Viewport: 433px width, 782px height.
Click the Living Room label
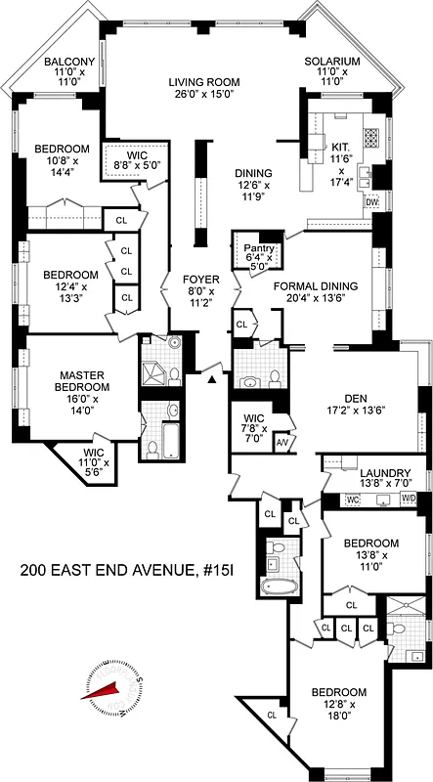tap(204, 83)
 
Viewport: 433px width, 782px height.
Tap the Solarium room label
tap(332, 62)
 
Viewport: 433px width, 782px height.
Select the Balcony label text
tap(69, 63)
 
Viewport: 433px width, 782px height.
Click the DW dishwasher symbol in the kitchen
tap(371, 202)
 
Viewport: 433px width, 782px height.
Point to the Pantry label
tap(259, 248)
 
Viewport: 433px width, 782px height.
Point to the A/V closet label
tap(283, 442)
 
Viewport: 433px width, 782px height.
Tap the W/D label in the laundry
tap(408, 500)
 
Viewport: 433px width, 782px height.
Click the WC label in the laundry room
tap(354, 500)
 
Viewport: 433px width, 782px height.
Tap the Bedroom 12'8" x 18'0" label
tap(339, 693)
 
